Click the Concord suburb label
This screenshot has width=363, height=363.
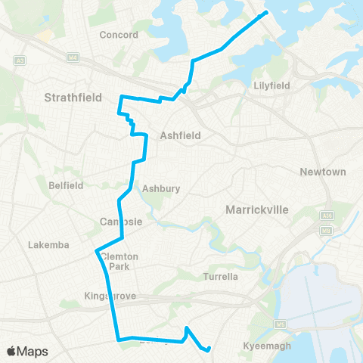click(119, 35)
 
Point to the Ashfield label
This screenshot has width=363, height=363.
click(179, 136)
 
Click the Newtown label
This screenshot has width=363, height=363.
click(323, 172)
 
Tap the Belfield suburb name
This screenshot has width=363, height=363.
click(69, 184)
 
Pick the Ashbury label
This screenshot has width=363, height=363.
click(161, 189)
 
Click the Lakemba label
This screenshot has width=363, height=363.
click(48, 245)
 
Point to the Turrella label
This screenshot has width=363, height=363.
click(221, 277)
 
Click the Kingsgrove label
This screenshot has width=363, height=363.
click(110, 296)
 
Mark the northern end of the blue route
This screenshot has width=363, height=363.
click(265, 14)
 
